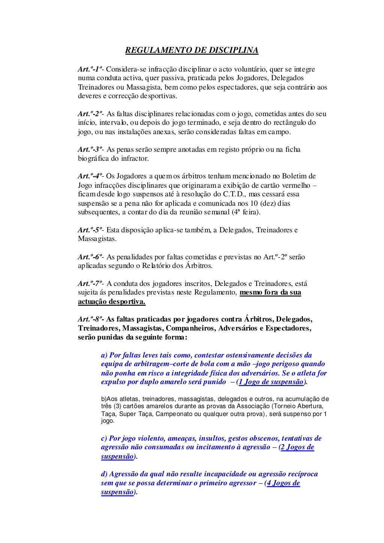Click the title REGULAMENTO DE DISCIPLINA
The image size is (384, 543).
(x=192, y=50)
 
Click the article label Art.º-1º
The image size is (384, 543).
(x=89, y=69)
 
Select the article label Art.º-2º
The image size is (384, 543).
(x=89, y=114)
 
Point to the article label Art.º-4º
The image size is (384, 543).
(x=89, y=176)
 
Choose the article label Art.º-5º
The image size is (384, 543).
(x=89, y=230)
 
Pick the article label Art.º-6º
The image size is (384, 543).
(x=89, y=257)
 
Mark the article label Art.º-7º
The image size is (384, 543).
(x=89, y=284)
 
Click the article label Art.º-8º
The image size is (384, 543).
(x=90, y=319)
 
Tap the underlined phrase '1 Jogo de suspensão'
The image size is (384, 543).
(x=271, y=382)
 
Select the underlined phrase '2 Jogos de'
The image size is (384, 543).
(x=297, y=447)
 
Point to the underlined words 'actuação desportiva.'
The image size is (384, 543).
(x=112, y=302)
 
